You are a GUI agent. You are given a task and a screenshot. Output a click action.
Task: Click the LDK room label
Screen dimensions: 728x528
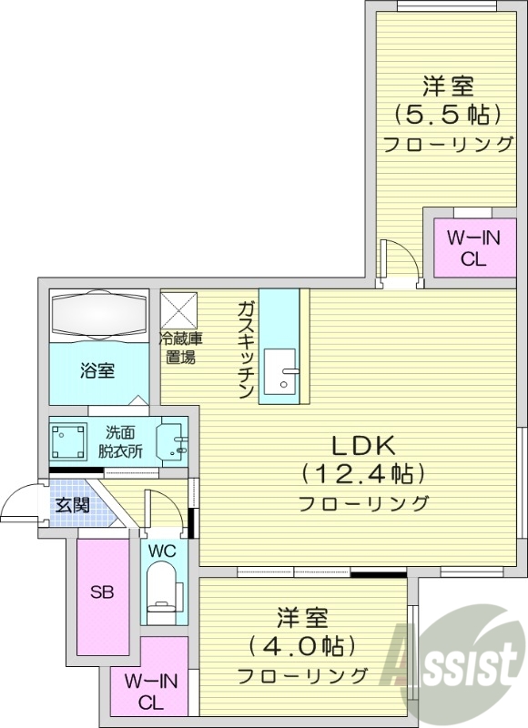(x=361, y=446)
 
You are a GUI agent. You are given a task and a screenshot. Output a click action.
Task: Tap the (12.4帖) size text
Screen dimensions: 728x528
(x=363, y=474)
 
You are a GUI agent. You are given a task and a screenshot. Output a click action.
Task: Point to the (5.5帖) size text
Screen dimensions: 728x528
(x=448, y=116)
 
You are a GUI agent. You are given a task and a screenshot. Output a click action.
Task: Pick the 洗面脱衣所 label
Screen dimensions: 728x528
(x=123, y=441)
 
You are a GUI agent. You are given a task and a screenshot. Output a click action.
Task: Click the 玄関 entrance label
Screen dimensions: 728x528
(x=72, y=505)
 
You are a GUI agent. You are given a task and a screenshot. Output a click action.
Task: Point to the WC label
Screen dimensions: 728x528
(x=164, y=551)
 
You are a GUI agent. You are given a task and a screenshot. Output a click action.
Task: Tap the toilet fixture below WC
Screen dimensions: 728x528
(x=164, y=589)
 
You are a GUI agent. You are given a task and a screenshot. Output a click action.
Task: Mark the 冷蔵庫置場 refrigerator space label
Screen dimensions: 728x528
(x=182, y=349)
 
